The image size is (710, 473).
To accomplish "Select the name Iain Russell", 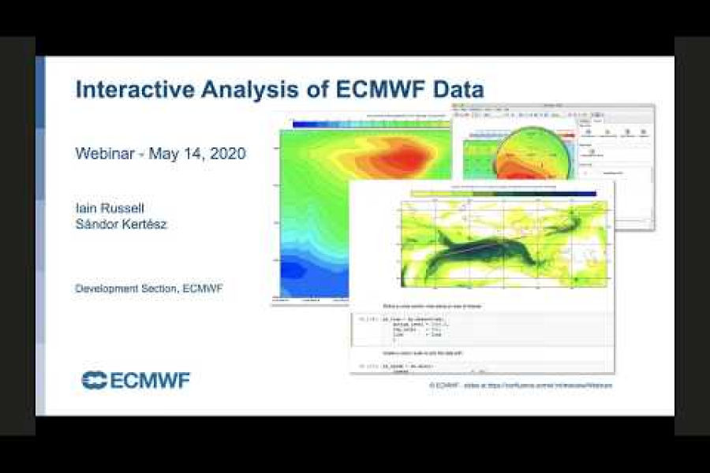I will coord(110,208).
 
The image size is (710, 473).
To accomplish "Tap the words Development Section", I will coord(125,289).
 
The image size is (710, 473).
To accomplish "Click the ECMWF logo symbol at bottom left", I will coord(94,380).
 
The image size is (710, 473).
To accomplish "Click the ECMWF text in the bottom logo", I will coord(150,381).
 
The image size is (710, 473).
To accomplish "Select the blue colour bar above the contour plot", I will coord(331,124).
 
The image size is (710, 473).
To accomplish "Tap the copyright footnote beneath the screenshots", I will coord(521,385).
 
